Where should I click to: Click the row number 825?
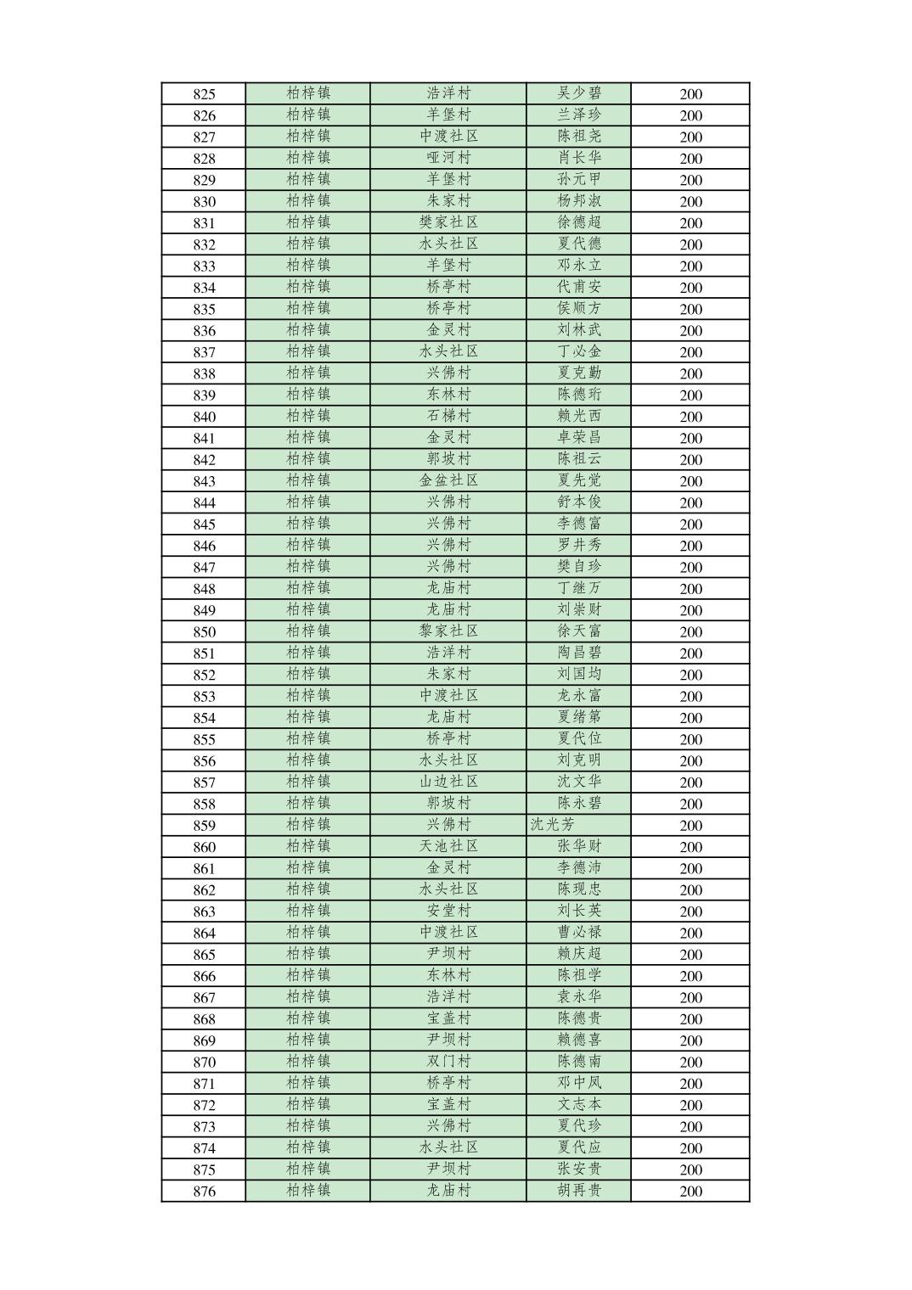click(204, 94)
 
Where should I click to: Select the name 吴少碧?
click(579, 93)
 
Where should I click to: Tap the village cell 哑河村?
click(448, 158)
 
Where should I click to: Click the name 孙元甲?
click(579, 179)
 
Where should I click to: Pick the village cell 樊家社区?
click(448, 222)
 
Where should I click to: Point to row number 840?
click(204, 417)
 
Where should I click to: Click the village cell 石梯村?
click(448, 416)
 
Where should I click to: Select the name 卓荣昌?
click(579, 437)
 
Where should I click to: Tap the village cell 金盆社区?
click(448, 480)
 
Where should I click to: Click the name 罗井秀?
click(579, 545)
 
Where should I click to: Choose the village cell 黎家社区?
click(448, 631)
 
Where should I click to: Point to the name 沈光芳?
click(553, 824)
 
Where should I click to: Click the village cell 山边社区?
click(448, 782)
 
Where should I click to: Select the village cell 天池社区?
click(448, 846)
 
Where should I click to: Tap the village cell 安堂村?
click(448, 911)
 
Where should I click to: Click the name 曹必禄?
click(579, 932)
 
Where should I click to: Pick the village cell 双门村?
click(448, 1061)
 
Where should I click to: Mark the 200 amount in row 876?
click(690, 1192)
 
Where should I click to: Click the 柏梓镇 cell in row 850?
click(308, 631)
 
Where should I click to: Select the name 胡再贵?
click(579, 1190)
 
